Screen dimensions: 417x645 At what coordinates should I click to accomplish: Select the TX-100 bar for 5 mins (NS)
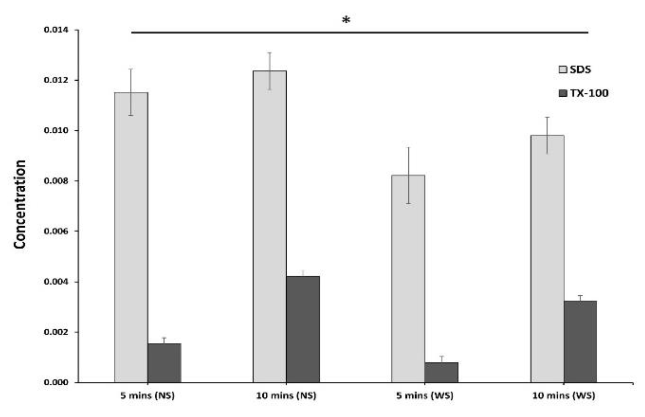[164, 363]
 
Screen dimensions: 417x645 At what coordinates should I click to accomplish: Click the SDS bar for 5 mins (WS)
[408, 278]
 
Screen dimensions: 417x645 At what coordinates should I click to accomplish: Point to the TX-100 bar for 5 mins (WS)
[441, 372]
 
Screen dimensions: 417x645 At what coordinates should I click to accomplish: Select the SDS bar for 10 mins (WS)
[547, 259]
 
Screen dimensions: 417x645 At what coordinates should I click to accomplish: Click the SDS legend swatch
[563, 69]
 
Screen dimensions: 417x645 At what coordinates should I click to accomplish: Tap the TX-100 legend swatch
[563, 93]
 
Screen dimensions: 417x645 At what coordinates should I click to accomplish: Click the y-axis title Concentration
[20, 204]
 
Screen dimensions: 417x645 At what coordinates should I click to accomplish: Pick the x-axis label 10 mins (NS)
[286, 395]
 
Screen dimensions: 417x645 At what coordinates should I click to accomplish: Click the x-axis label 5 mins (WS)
[425, 395]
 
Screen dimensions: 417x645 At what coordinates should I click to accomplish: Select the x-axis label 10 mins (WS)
[564, 395]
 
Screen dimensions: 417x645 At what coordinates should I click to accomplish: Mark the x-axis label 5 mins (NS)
[147, 395]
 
